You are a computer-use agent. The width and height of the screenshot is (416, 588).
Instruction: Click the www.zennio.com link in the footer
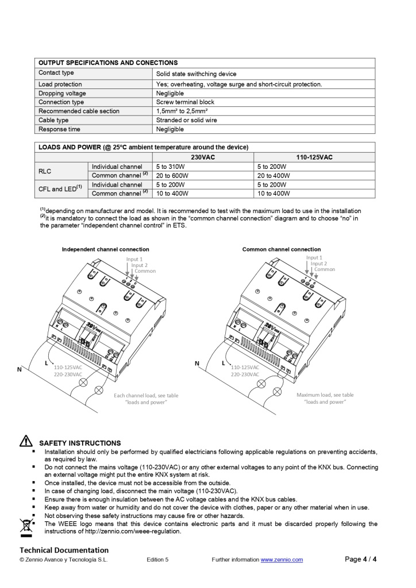282,560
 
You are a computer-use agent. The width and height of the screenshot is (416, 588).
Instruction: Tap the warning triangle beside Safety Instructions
26,442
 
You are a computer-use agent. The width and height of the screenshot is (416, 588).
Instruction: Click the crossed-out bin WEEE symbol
25,526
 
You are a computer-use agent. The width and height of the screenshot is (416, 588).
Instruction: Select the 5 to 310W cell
168,167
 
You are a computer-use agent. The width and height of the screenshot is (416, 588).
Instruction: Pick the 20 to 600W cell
172,176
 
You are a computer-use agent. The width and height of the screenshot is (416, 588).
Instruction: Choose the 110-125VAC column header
314,157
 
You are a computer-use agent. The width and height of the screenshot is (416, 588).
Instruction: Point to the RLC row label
46,171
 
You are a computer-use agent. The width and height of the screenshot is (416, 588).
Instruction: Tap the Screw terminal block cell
185,102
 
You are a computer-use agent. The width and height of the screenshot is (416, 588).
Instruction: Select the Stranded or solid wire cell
186,121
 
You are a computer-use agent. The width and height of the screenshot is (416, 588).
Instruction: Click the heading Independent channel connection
105,249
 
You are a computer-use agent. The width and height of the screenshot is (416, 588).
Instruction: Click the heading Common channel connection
282,249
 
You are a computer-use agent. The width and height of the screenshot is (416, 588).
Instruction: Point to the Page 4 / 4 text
361,559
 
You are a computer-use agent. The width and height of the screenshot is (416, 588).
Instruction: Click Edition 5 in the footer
157,560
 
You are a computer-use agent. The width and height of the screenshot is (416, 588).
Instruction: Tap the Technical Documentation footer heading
64,550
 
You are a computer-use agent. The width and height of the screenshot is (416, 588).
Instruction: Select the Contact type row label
56,73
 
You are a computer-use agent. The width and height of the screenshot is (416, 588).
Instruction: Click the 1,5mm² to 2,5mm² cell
182,111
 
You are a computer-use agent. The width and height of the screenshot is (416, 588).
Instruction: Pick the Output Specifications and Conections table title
108,63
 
